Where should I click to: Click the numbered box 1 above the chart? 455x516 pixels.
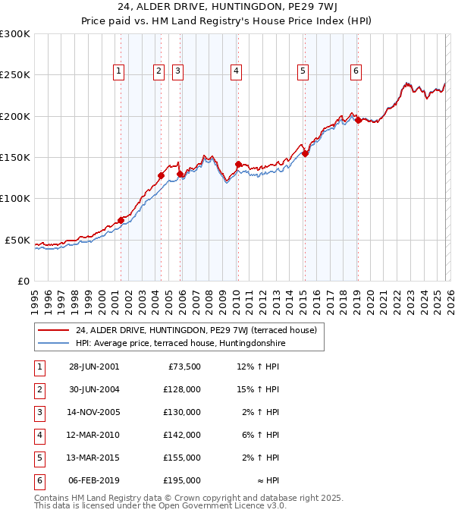click(119, 72)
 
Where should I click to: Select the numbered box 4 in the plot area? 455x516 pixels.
click(237, 72)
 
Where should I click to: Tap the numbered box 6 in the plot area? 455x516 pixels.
click(356, 72)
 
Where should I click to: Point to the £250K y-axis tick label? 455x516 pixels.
click(15, 75)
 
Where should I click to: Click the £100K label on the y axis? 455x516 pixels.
click(15, 199)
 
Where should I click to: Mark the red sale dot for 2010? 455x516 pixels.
click(238, 164)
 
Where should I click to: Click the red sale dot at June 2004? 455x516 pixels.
click(162, 175)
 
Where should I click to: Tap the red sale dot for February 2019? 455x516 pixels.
click(357, 120)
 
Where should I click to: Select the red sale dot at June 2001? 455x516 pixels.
click(121, 220)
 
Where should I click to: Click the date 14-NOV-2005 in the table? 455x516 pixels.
click(94, 412)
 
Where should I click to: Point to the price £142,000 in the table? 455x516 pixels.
click(182, 435)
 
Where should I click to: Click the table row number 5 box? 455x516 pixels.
click(39, 458)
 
